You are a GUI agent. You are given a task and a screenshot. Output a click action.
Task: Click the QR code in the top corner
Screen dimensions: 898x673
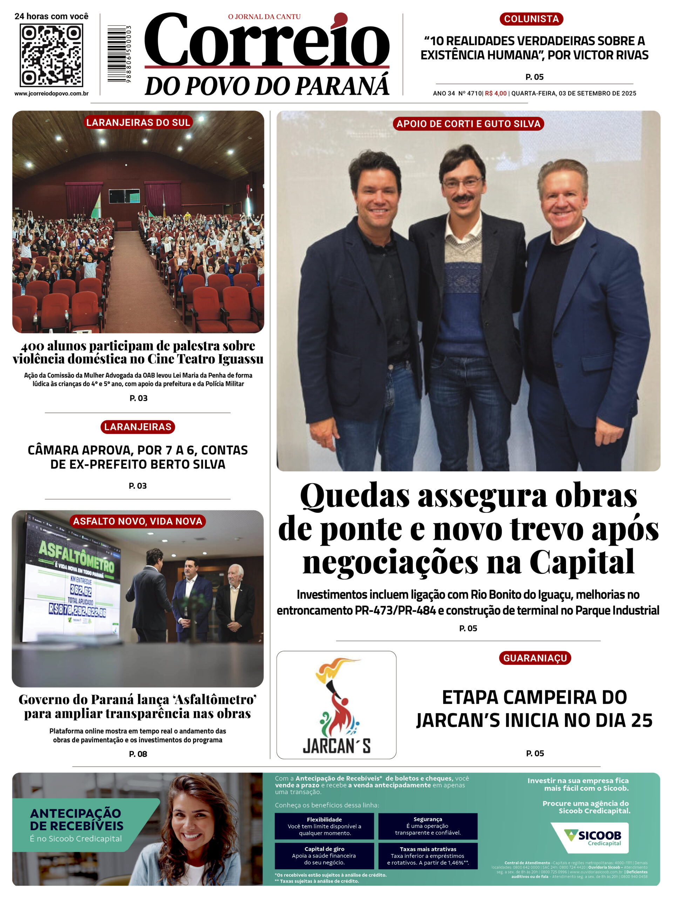(52, 55)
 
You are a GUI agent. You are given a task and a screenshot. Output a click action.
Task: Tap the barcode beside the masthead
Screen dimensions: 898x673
(118, 54)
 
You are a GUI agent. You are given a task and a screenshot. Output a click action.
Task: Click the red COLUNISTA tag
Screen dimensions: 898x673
(531, 19)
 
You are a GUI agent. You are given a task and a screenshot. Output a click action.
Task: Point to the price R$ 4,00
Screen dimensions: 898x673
(496, 93)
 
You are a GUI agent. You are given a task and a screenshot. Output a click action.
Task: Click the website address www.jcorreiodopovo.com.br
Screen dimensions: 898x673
(52, 94)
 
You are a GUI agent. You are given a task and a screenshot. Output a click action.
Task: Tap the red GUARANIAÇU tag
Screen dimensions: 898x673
(535, 658)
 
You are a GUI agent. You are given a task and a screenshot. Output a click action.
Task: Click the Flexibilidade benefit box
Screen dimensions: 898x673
(324, 826)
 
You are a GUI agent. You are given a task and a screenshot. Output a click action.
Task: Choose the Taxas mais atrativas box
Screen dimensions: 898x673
(428, 855)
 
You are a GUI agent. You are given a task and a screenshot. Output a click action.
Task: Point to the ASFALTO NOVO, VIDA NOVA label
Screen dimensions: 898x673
(137, 521)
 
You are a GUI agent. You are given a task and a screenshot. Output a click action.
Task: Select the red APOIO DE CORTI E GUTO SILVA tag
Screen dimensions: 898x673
(468, 124)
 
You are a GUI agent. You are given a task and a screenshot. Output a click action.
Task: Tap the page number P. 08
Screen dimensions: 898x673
(138, 754)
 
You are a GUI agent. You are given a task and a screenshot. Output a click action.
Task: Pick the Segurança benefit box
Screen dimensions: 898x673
(428, 826)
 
